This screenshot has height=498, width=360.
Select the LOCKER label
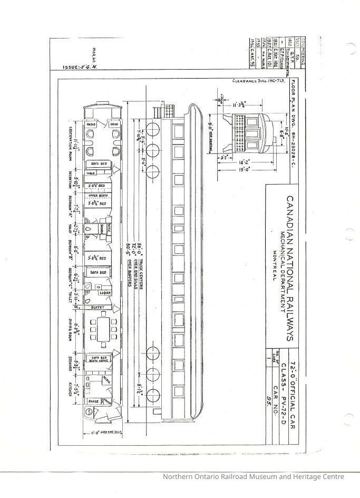click(104, 292)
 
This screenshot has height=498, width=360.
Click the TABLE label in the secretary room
click(91, 174)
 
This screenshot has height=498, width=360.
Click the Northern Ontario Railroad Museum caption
click(253, 477)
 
